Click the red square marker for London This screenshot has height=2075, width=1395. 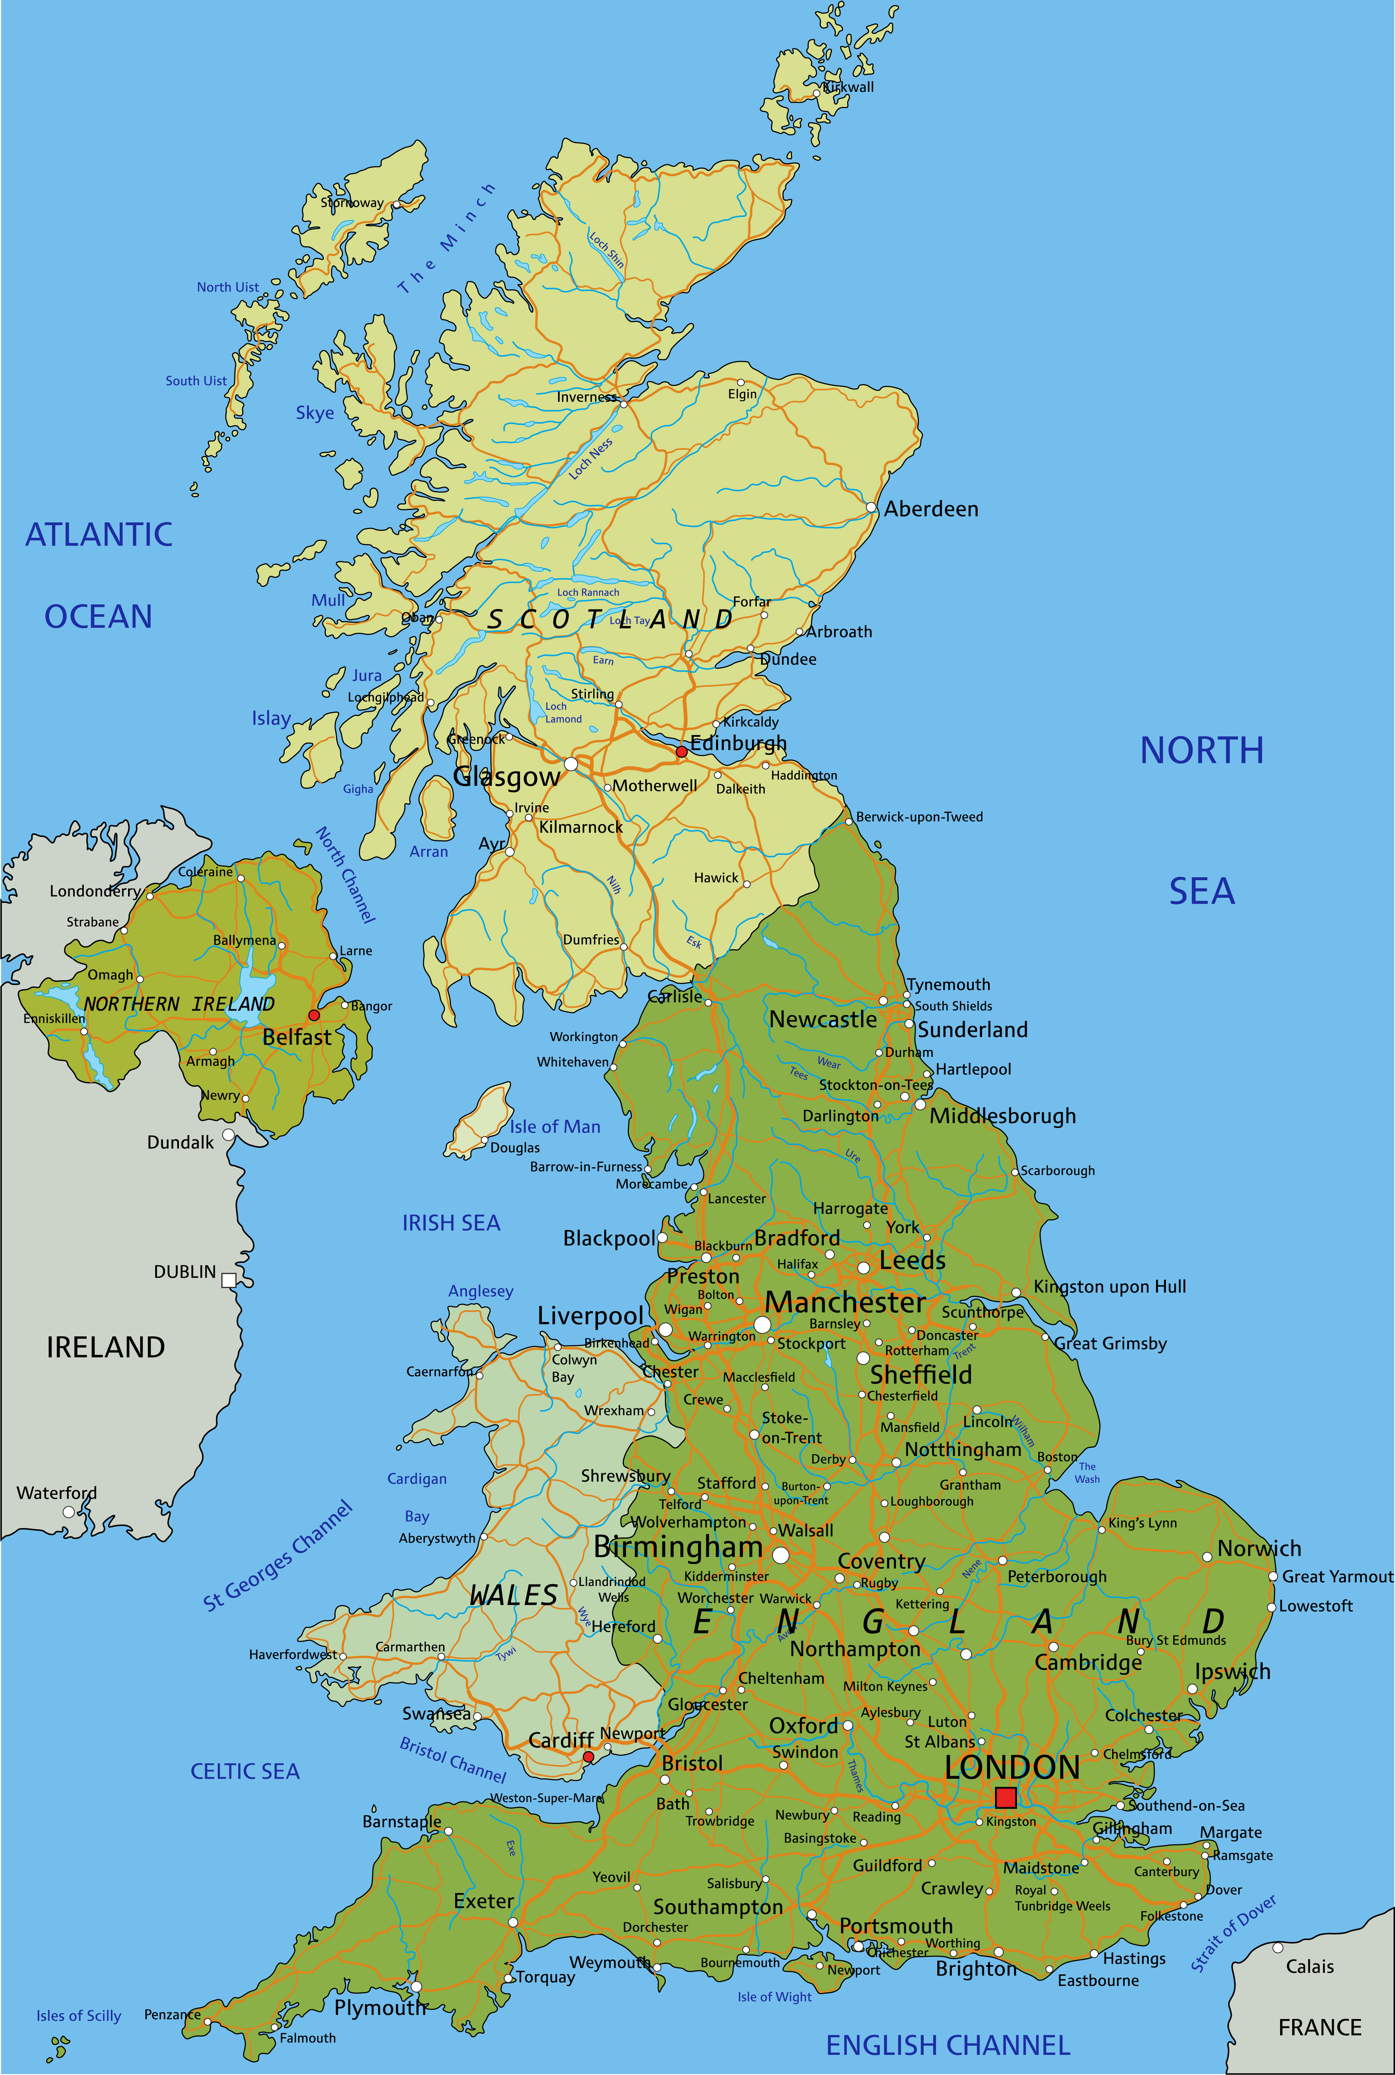[x=1005, y=1797]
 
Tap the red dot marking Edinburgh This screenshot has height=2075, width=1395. [x=681, y=751]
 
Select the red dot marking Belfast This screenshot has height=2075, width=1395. [x=313, y=1015]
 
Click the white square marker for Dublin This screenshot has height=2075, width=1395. [x=229, y=1280]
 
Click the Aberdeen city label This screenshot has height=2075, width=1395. [x=931, y=509]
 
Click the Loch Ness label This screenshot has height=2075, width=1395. [x=591, y=459]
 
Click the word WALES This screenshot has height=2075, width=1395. [x=513, y=1595]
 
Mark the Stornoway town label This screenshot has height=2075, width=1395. [x=352, y=203]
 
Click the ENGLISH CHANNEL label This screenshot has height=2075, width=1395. [x=947, y=2045]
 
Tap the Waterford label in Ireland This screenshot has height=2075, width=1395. [x=57, y=1493]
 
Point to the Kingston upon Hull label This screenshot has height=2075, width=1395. [x=1110, y=1286]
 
